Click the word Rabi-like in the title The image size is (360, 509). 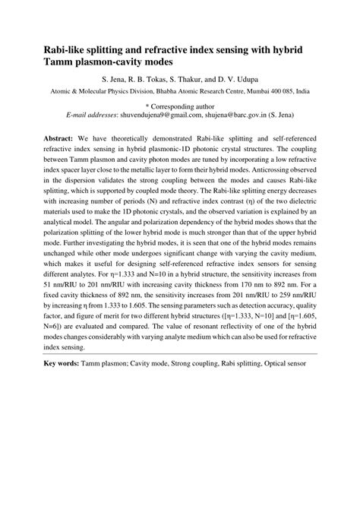click(55, 49)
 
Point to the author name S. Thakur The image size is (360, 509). click(199, 79)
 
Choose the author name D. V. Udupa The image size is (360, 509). click(254, 79)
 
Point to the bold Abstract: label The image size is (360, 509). click(48, 141)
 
